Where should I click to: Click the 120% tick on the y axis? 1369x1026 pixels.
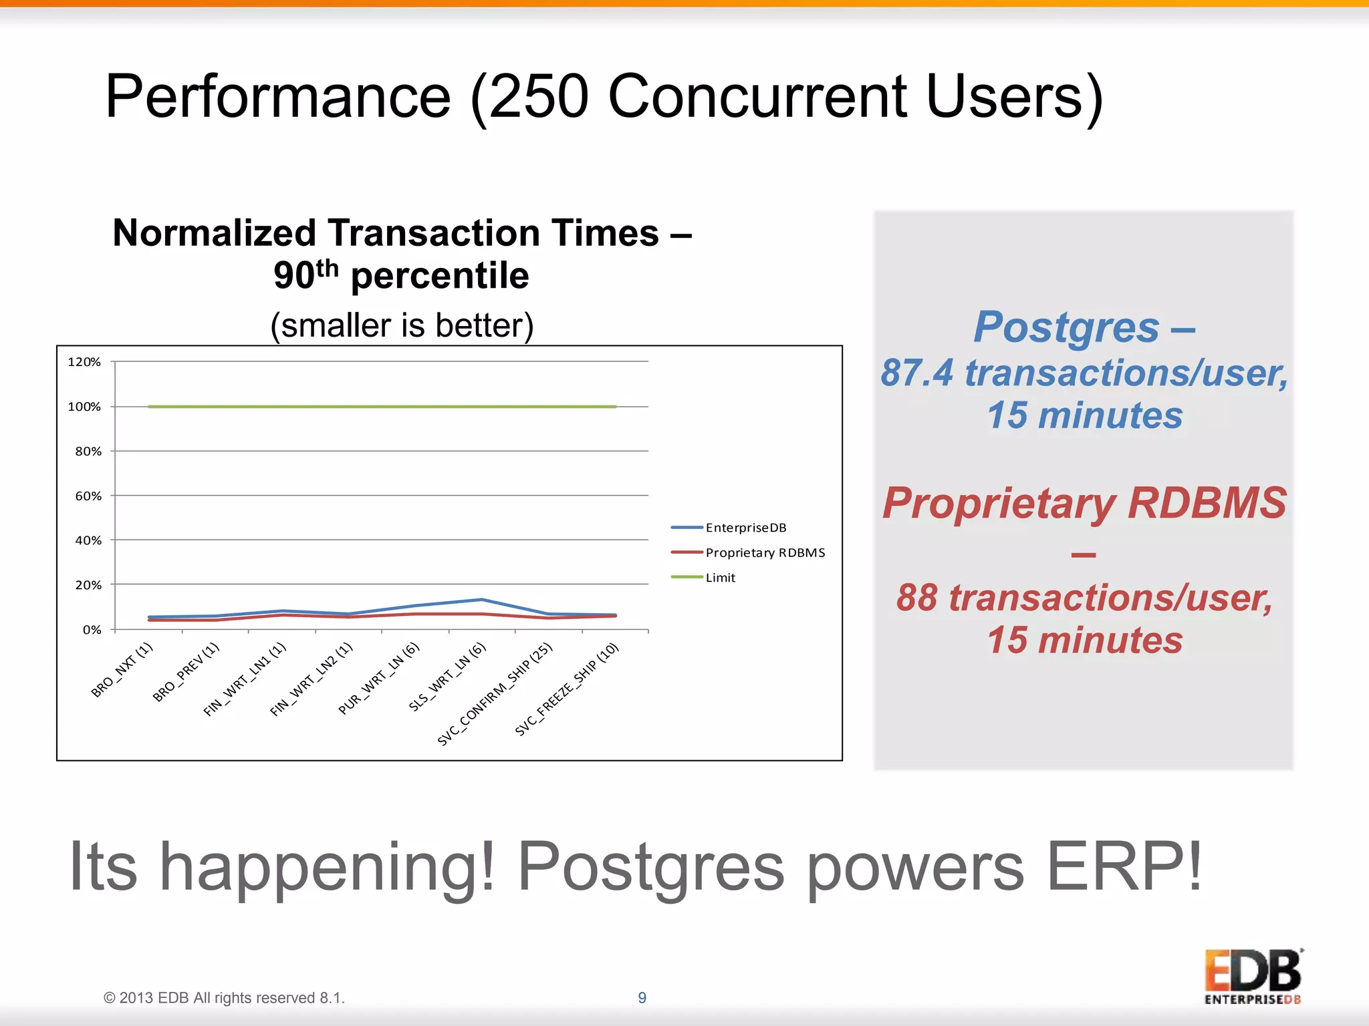[x=84, y=362]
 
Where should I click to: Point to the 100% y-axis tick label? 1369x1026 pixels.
[x=84, y=407]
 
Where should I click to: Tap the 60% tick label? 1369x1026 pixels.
[x=88, y=496]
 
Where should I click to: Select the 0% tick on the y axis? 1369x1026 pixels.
[x=92, y=630]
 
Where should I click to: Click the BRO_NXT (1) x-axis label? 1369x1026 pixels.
[x=122, y=669]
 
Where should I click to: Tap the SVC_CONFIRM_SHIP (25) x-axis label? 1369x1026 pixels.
[x=495, y=693]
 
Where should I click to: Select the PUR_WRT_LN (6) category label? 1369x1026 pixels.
[x=379, y=678]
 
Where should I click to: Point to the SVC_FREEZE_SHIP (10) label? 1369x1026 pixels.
[x=568, y=689]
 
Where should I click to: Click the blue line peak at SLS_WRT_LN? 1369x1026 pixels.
[x=482, y=599]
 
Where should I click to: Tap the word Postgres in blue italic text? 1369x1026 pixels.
[x=1066, y=328]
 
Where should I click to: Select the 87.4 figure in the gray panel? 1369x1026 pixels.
[x=916, y=373]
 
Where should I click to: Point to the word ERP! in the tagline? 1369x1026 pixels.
[x=1123, y=866]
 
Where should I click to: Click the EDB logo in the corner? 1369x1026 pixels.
[x=1253, y=975]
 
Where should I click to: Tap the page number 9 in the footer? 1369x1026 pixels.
[x=642, y=997]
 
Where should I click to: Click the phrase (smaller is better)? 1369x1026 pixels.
[x=402, y=326]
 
